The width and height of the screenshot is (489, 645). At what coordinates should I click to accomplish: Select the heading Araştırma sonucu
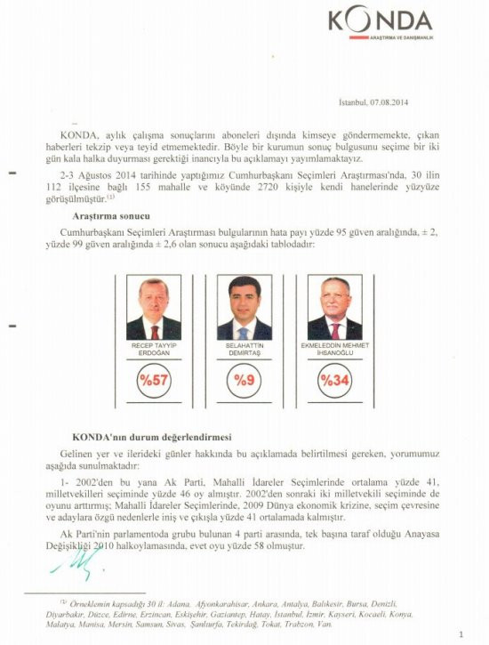point(109,215)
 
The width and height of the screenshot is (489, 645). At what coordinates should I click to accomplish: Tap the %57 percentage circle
point(153,380)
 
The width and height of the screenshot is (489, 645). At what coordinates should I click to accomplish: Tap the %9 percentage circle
point(244,380)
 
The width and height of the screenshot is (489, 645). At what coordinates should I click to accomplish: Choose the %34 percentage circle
point(334,380)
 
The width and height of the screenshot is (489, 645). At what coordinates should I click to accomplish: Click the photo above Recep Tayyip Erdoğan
point(153,307)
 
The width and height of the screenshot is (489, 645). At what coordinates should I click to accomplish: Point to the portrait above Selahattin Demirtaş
point(244,307)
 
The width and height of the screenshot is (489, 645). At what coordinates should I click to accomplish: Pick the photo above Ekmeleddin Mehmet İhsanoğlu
point(334,307)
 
